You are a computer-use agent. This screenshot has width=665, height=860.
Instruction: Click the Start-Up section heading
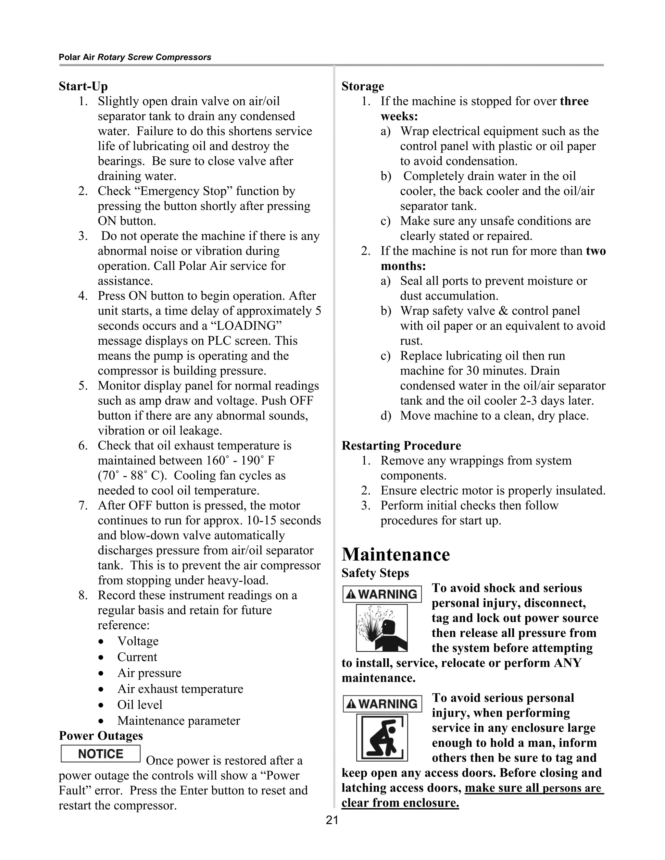(x=83, y=86)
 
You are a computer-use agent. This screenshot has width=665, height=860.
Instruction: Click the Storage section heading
(x=362, y=86)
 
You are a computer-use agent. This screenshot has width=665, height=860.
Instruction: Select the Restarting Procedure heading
(x=401, y=445)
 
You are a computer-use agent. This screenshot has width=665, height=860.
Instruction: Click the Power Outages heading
(x=101, y=736)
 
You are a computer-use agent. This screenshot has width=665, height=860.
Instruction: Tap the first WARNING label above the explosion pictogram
(x=382, y=594)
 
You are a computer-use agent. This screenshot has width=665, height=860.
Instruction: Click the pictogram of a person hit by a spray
(x=381, y=628)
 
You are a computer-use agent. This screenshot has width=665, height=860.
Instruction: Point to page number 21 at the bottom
(x=332, y=820)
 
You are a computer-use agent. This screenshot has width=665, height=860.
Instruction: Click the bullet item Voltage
(x=138, y=641)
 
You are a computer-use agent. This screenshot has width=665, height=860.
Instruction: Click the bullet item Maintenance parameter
(x=179, y=720)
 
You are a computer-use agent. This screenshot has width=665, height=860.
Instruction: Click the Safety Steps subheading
(x=375, y=573)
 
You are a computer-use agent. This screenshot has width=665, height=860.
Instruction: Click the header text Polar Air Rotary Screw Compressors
(x=135, y=57)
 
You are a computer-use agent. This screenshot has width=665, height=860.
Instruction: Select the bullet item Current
(x=137, y=657)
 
